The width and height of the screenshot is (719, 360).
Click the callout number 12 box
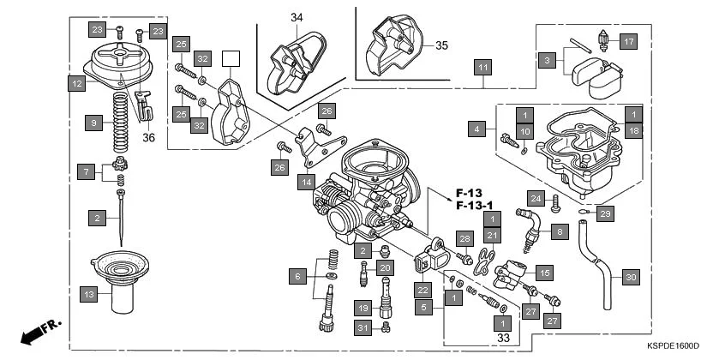(77, 84)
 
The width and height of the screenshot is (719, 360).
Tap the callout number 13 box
(88, 294)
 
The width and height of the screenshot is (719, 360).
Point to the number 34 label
(297, 17)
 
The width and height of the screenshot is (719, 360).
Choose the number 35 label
(441, 45)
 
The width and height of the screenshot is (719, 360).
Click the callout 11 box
(483, 67)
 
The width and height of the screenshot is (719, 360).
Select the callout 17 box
(629, 41)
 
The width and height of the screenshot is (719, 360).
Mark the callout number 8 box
(558, 231)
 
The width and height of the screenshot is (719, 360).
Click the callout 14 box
(305, 182)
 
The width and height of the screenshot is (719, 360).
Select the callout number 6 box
(297, 276)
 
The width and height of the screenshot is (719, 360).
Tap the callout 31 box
(362, 328)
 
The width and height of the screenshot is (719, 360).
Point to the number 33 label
(502, 339)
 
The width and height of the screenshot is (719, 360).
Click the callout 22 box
(422, 289)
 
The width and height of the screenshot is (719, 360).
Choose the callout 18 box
(632, 130)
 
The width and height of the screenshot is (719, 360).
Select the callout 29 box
(605, 213)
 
